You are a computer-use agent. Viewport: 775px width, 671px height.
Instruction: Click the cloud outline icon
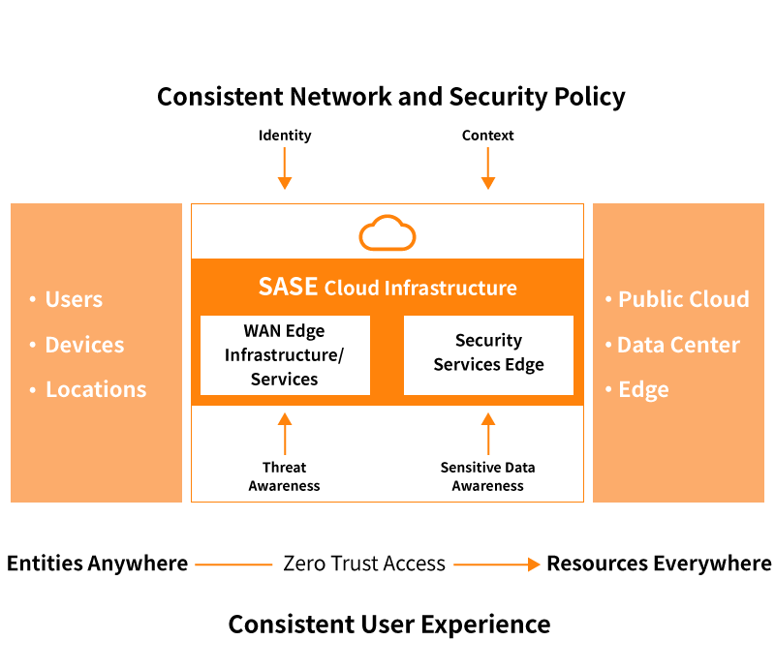(387, 233)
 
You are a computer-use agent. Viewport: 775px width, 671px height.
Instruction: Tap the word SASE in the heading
(288, 287)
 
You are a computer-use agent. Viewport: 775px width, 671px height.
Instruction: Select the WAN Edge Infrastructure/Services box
(285, 355)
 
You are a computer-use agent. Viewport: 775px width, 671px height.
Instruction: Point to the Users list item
(74, 299)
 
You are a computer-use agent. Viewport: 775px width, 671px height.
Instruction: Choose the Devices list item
(84, 345)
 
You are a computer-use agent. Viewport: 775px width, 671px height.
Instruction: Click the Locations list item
(96, 389)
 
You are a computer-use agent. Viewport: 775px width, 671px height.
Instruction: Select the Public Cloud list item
(683, 299)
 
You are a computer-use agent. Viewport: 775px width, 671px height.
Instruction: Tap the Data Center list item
(678, 345)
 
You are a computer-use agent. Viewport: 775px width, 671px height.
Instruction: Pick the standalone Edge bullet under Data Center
(643, 389)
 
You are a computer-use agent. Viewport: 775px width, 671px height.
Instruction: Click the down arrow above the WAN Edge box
(285, 168)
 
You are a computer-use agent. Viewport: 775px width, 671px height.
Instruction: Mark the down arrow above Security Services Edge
(488, 168)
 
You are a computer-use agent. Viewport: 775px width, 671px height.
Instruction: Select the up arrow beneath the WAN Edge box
(285, 433)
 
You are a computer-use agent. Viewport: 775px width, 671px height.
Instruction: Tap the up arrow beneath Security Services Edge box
(488, 433)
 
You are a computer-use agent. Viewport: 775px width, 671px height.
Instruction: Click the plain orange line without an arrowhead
(234, 564)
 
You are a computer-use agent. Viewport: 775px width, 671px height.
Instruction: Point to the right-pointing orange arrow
(497, 564)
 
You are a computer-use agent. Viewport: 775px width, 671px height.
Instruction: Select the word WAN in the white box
(263, 331)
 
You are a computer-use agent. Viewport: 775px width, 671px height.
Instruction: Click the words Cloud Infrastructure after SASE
(420, 288)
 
